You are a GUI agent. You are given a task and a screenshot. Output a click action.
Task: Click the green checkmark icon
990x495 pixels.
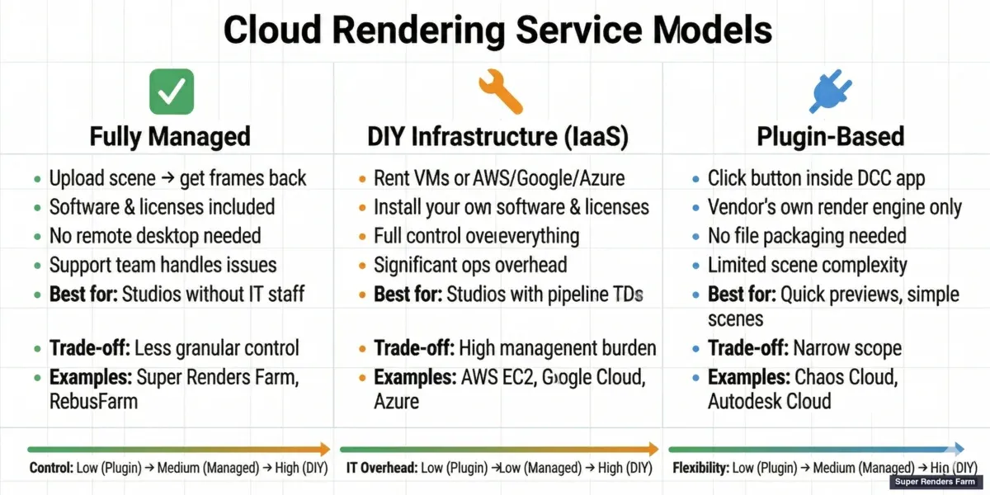[172, 90]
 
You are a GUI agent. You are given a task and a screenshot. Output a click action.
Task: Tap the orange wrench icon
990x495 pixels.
[500, 90]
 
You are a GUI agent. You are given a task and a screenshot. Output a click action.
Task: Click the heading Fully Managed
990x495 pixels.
[169, 136]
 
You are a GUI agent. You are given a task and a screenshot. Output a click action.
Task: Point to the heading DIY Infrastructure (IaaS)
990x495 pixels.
[497, 136]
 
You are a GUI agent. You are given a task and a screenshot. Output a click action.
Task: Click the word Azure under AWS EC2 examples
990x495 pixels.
[397, 402]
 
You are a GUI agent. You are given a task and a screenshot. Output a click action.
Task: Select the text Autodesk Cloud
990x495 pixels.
[769, 402]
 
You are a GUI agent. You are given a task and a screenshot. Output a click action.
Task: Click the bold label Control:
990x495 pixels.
[51, 469]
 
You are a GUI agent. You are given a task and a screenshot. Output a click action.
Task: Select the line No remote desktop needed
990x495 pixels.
[155, 235]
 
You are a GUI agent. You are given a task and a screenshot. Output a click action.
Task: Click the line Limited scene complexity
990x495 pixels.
[807, 265]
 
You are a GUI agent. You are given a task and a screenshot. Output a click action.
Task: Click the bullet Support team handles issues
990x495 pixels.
[163, 265]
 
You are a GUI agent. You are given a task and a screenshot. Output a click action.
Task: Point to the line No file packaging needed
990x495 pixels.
[807, 235]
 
